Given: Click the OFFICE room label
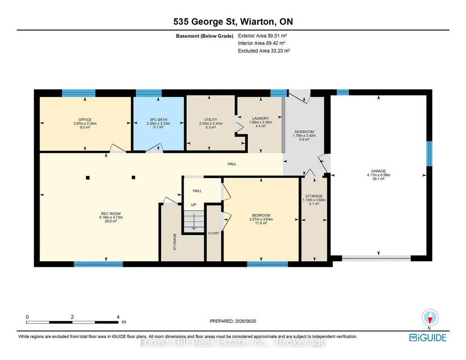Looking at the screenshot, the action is click(x=85, y=120).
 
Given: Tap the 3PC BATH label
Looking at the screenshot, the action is click(x=158, y=120).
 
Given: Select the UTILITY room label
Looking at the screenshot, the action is click(x=210, y=120).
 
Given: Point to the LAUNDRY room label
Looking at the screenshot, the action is click(x=261, y=118).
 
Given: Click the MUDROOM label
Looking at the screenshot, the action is click(x=304, y=131).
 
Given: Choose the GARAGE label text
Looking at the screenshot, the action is click(x=378, y=171).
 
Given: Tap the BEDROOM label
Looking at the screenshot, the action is click(x=261, y=215).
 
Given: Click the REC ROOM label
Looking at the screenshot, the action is click(x=111, y=214).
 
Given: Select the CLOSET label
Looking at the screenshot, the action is click(x=214, y=233).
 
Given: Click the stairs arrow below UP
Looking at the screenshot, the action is click(x=194, y=223).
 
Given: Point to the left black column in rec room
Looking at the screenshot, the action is click(x=88, y=178).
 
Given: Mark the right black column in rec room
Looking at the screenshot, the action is click(x=134, y=177).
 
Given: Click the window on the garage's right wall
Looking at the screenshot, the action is click(x=429, y=154).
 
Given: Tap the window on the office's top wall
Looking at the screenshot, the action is click(x=79, y=93).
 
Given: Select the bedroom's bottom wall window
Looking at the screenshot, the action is click(x=267, y=264).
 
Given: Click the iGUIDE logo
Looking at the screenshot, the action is click(x=428, y=338).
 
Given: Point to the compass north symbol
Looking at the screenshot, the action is click(x=430, y=318).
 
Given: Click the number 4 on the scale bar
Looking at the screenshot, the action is click(x=118, y=317).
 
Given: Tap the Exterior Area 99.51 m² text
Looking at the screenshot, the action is click(x=262, y=35).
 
